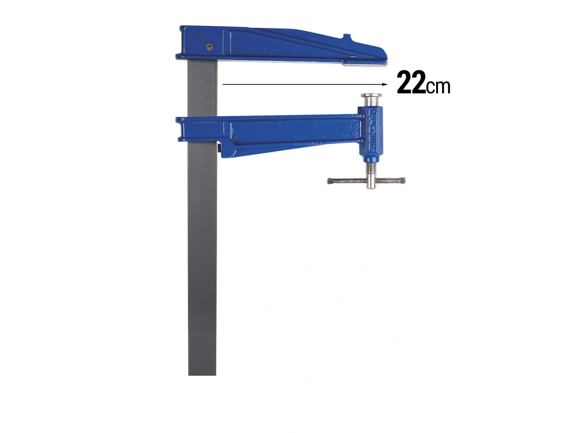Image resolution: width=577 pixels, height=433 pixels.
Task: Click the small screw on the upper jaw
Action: [208, 46]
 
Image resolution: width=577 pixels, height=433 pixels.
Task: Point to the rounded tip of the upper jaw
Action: [385, 56]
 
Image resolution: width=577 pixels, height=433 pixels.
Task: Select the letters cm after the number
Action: [438, 87]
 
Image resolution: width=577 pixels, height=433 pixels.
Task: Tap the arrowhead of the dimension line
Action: [385, 84]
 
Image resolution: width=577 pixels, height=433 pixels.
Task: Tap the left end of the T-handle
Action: [331, 181]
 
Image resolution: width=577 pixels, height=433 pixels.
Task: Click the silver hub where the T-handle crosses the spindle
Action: [371, 182]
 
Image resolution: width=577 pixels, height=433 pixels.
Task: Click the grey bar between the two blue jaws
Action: [202, 89]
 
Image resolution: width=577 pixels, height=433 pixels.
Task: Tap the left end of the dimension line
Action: [224, 84]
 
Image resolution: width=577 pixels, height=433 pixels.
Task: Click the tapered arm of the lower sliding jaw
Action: [288, 135]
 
